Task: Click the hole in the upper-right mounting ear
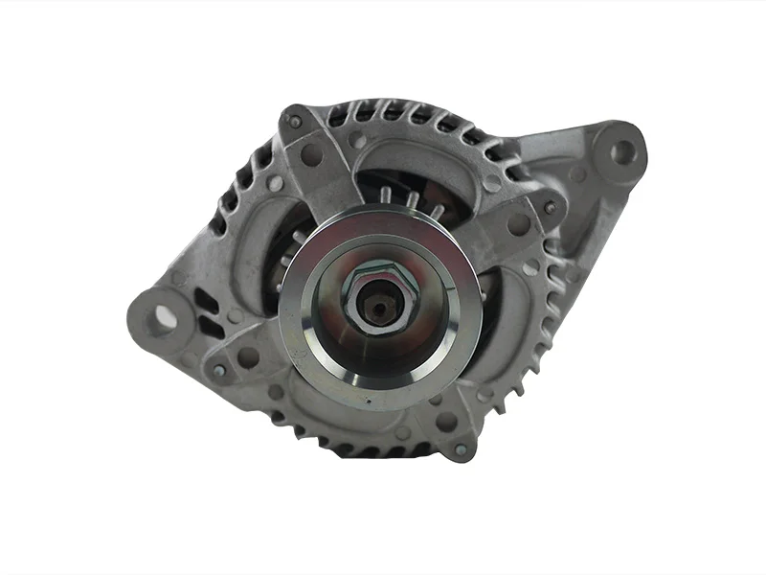(x=623, y=150)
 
